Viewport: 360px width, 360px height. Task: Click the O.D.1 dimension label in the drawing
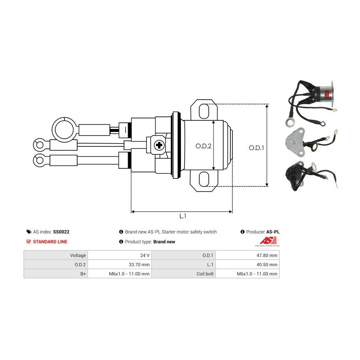(x=257, y=147)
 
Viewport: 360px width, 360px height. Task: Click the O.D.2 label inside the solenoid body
(x=203, y=146)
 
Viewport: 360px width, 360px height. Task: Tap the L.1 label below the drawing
(x=182, y=216)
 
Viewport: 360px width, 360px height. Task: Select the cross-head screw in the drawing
(x=160, y=145)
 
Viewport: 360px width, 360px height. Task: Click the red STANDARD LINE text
(x=50, y=242)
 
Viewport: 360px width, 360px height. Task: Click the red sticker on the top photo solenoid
(x=326, y=94)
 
